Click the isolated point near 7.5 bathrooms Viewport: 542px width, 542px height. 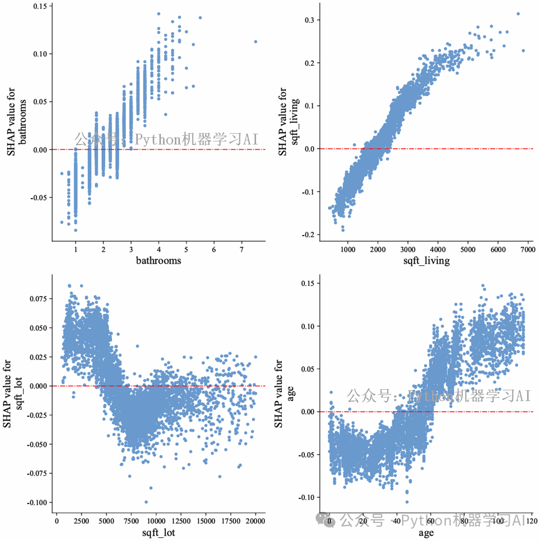coord(256,42)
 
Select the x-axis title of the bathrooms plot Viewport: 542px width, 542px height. coord(158,261)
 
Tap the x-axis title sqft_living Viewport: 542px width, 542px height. coord(426,261)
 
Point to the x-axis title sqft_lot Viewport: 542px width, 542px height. coord(158,533)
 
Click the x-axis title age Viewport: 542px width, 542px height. coord(426,533)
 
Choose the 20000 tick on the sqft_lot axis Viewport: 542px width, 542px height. coord(256,521)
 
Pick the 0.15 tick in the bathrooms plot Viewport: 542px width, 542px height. coord(40,6)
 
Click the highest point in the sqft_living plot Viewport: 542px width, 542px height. coord(518,14)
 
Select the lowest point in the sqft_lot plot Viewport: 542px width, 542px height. coord(146,502)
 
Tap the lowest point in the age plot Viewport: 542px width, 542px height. coord(407,502)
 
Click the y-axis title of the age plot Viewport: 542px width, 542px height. coord(278,394)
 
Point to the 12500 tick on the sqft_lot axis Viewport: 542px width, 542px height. coord(180,521)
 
